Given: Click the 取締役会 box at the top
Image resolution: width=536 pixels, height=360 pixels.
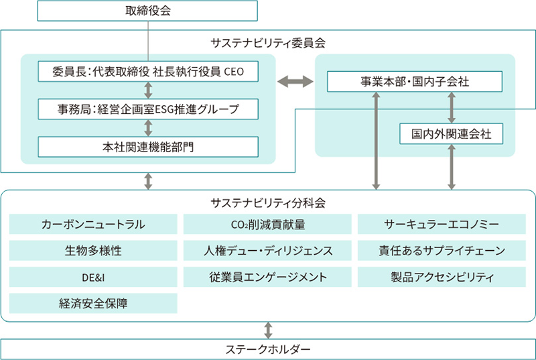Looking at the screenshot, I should [147, 11].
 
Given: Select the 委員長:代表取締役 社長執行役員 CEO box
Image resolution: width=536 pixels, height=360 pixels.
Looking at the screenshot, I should [147, 70].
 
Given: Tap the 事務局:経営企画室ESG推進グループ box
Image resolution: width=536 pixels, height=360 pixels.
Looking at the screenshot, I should [147, 108].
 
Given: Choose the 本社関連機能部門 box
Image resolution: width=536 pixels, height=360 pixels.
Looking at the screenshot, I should [147, 147].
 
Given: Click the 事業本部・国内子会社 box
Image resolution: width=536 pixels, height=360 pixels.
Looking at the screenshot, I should [415, 82].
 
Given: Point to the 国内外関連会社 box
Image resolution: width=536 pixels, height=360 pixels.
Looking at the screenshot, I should [450, 133].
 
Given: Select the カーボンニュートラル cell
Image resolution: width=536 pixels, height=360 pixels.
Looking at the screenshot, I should [93, 225].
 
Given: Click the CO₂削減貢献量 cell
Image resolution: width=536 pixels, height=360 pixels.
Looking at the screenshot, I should [267, 225].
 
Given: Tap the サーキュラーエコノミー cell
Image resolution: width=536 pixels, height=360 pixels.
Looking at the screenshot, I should [442, 225].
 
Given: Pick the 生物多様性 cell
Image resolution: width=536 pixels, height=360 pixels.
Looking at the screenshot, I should [93, 251].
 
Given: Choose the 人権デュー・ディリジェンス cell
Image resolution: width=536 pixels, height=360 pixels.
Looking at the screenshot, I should [267, 251].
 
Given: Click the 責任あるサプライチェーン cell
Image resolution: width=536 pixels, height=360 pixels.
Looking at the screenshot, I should [442, 251].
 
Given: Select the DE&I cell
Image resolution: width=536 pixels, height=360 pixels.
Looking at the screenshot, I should [93, 277].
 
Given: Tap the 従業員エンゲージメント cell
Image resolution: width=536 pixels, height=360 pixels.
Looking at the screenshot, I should [267, 277].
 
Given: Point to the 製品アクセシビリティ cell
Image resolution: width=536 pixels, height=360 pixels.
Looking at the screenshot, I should [442, 277].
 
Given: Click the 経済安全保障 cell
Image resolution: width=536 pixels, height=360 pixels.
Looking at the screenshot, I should [93, 303].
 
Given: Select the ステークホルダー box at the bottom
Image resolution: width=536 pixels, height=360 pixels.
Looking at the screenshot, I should [268, 349].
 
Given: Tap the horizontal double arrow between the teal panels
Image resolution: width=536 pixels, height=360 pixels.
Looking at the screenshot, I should [295, 82].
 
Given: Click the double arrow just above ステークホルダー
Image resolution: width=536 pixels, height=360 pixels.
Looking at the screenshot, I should [268, 329].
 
